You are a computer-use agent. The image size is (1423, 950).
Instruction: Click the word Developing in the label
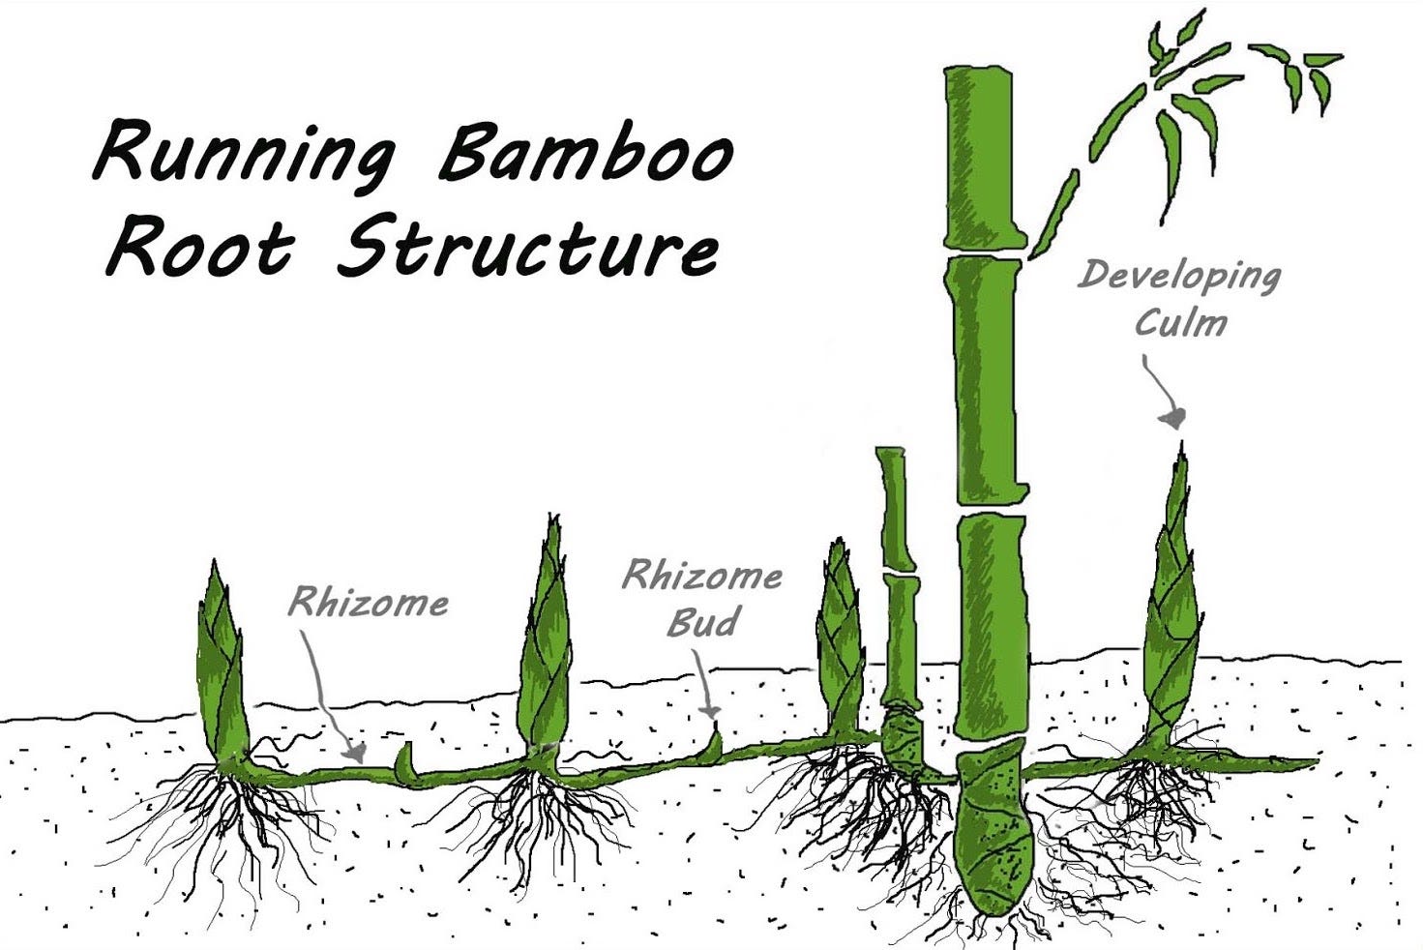tap(1178, 277)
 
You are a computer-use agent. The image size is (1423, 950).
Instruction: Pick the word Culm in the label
tap(1180, 322)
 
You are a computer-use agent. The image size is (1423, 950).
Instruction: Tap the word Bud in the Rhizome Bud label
tap(702, 622)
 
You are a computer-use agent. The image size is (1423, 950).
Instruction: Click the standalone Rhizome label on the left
tap(369, 604)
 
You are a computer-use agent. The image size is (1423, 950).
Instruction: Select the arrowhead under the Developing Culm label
tap(1174, 418)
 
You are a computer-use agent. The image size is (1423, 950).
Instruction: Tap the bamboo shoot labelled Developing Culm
tap(1173, 600)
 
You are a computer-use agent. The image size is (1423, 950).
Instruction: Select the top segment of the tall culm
tap(979, 155)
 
